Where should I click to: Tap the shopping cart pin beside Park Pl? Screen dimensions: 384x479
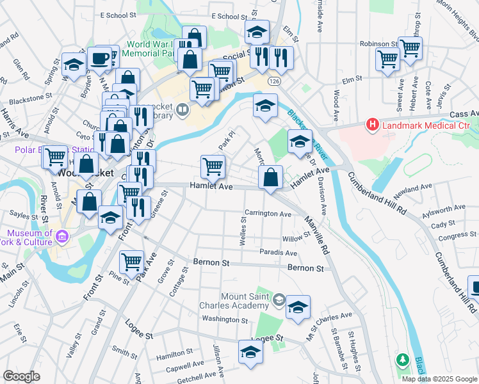pyautogui.click(x=213, y=167)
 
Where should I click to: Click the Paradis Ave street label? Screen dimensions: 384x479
pyautogui.click(x=278, y=253)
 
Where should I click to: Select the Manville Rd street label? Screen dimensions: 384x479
pyautogui.click(x=316, y=236)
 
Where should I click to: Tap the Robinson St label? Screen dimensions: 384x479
pyautogui.click(x=378, y=44)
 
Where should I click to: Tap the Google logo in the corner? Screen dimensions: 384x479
pyautogui.click(x=22, y=376)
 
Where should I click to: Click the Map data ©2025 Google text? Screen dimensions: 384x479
pyautogui.click(x=439, y=379)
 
